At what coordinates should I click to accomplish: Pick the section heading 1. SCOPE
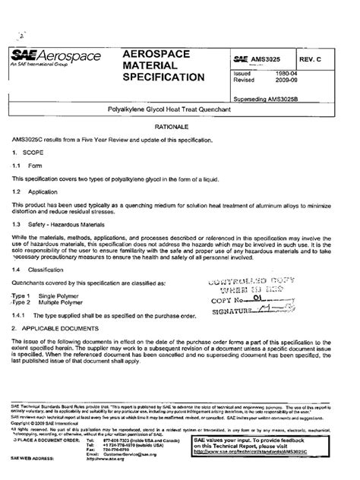coord(28,153)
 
